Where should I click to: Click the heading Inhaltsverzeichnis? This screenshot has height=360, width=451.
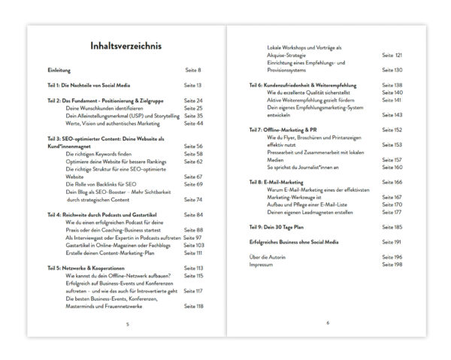[x=125, y=47]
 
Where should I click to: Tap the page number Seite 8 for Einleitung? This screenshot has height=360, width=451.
[x=193, y=70]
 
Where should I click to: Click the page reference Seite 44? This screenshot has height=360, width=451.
[x=193, y=123]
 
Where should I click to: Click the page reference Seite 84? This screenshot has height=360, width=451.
[x=193, y=215]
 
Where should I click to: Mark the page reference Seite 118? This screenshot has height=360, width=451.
[x=193, y=307]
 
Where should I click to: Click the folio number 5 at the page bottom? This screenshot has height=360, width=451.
[x=127, y=323]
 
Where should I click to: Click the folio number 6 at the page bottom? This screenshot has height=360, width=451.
[x=328, y=323]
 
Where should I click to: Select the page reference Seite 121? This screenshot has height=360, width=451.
[x=392, y=55]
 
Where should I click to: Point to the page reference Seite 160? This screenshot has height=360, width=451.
[x=392, y=167]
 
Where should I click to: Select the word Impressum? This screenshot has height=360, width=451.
[x=261, y=265]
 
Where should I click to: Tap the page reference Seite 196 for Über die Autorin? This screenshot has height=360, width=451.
[x=392, y=257]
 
